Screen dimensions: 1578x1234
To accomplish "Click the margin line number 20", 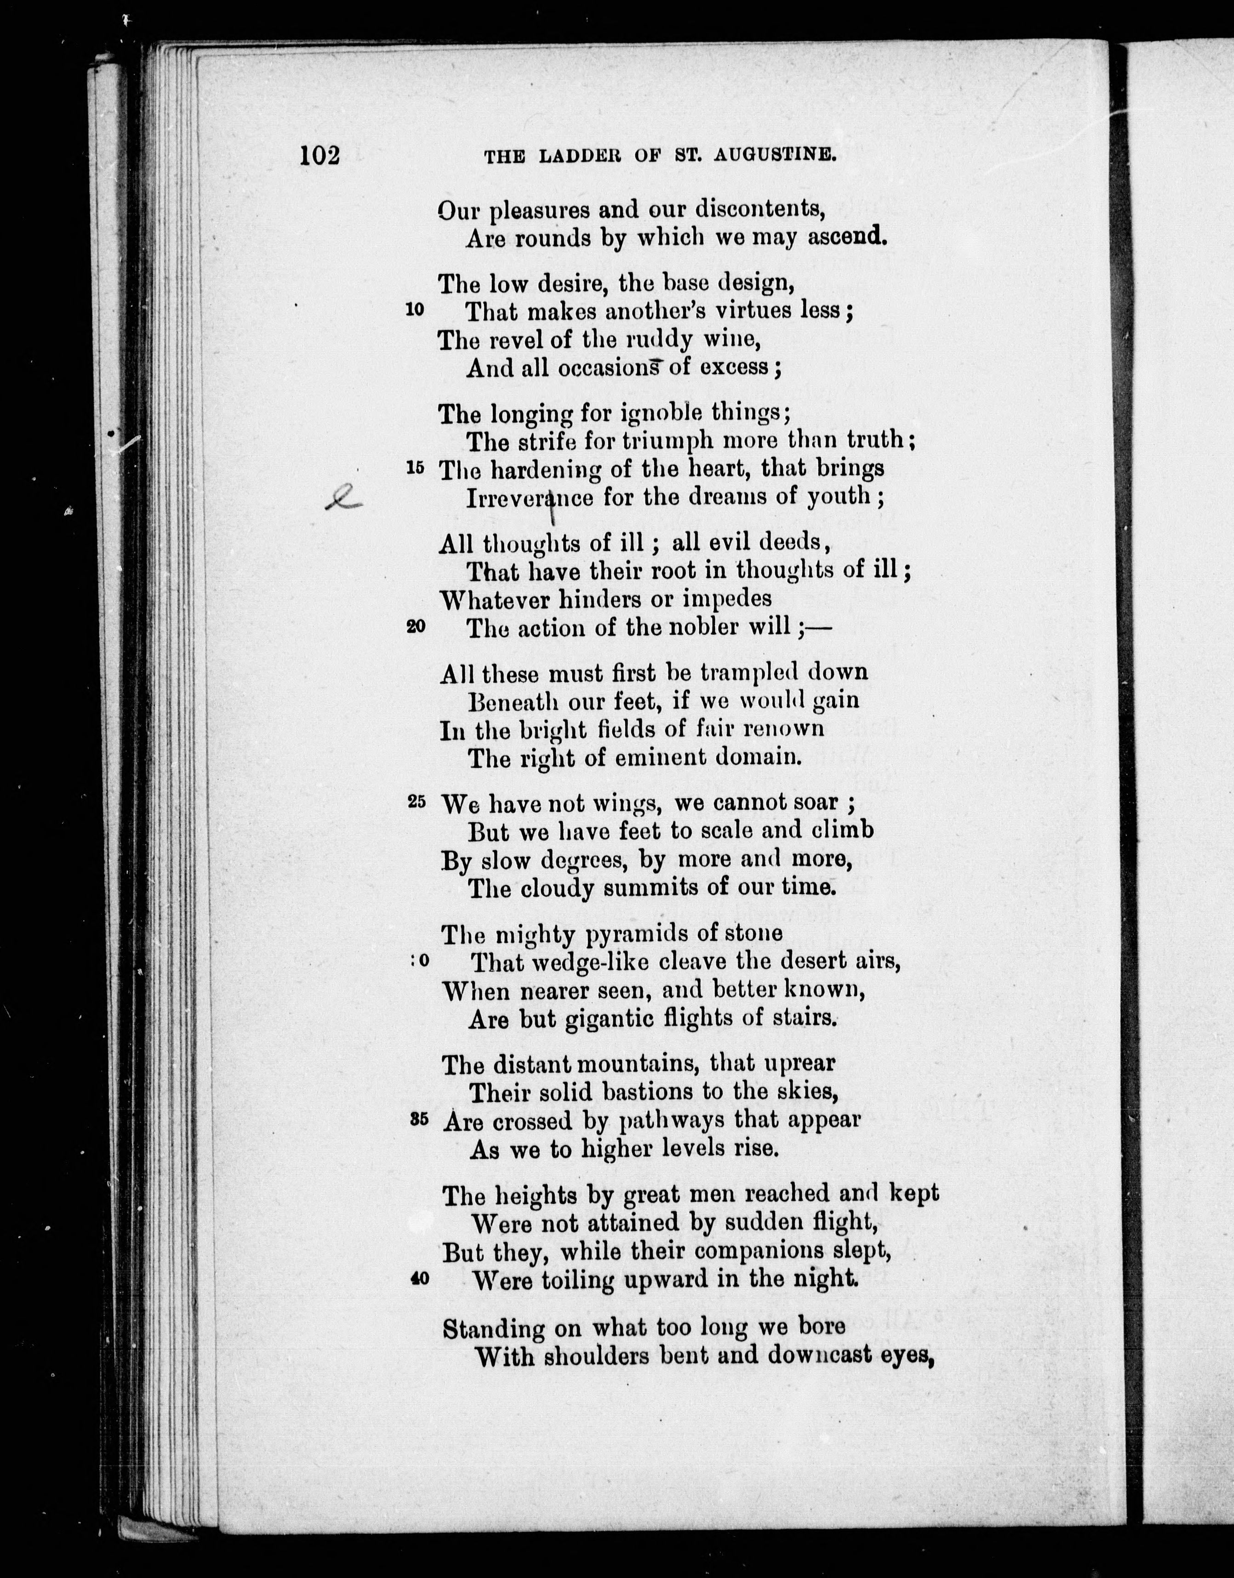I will (x=416, y=626).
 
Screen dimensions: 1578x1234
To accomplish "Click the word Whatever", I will (x=493, y=599).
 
